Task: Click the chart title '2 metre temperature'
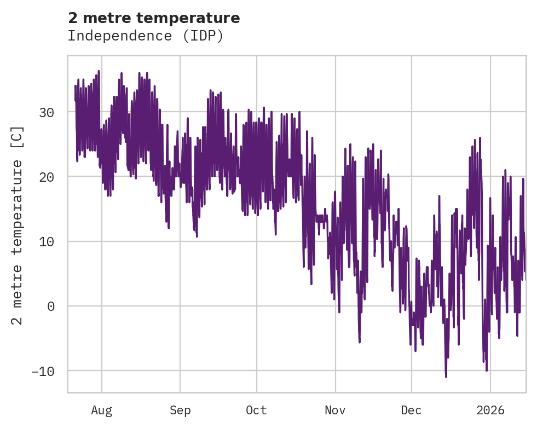154,18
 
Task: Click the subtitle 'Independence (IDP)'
146,36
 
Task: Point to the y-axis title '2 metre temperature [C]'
18,225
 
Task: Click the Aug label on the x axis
101,410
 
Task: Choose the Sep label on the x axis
180,410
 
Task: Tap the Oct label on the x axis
256,410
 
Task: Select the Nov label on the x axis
335,410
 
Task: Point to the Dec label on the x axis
411,410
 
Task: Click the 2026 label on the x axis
490,410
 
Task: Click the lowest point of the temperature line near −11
446,377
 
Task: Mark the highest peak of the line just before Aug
99,71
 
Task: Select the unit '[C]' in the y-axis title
18,136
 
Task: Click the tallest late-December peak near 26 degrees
480,138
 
